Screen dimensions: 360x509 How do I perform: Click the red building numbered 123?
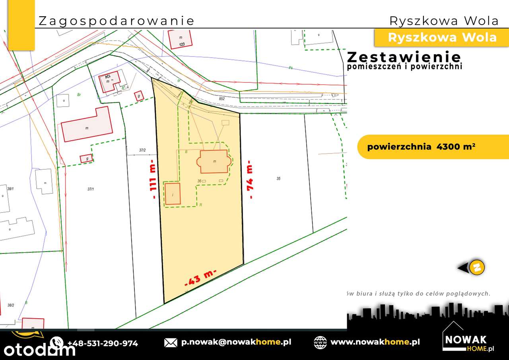tap(180, 39)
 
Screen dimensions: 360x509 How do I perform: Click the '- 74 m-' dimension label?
tap(250, 179)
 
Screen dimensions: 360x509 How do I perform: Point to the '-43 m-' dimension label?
tap(200, 278)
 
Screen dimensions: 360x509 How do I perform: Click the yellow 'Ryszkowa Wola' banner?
tap(442, 37)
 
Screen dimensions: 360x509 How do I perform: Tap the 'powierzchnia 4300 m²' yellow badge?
tap(422, 147)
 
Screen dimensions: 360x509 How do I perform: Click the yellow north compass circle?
tap(477, 268)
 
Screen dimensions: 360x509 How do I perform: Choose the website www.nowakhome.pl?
tap(375, 342)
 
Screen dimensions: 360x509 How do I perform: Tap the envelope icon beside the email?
tap(171, 342)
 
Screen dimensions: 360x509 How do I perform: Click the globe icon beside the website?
tap(320, 342)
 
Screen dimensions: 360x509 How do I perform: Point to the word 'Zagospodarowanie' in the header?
tap(116, 21)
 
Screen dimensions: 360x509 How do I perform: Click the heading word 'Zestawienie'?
tap(404, 57)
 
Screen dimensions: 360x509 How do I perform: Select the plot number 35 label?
tap(278, 179)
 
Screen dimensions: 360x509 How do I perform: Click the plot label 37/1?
tap(91, 189)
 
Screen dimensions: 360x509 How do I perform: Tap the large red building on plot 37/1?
tap(87, 125)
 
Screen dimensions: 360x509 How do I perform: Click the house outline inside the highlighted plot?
tap(214, 162)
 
